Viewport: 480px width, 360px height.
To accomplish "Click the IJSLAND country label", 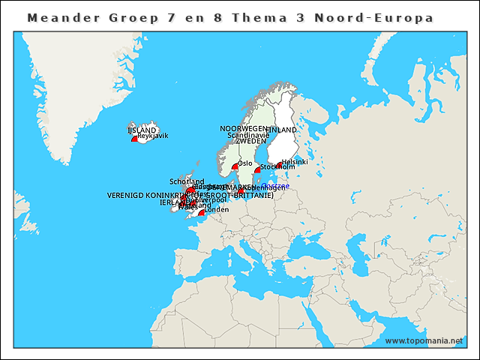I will (x=142, y=130).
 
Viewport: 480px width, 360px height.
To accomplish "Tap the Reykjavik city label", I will (x=153, y=136).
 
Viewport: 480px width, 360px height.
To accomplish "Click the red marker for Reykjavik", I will (x=135, y=139).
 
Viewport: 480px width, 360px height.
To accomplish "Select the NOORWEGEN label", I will (x=243, y=129).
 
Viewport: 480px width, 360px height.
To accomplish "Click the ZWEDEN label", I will (x=250, y=141).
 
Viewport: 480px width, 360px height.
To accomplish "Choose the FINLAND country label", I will (x=280, y=130).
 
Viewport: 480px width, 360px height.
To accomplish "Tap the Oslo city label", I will (x=245, y=163).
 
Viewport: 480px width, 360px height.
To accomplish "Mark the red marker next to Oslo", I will (x=235, y=166).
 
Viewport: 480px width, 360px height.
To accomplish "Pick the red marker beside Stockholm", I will (x=258, y=170).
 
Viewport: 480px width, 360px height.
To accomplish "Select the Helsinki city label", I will (x=295, y=162).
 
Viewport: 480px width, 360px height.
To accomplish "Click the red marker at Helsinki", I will (x=279, y=165).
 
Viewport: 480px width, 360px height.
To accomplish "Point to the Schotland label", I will (x=187, y=181).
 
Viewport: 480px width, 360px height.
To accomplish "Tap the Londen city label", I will (x=217, y=210).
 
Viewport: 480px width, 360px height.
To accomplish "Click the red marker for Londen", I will (x=202, y=212).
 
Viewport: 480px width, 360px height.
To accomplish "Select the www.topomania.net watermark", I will (x=424, y=341).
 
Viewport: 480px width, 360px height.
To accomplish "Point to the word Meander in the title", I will (x=61, y=16).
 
